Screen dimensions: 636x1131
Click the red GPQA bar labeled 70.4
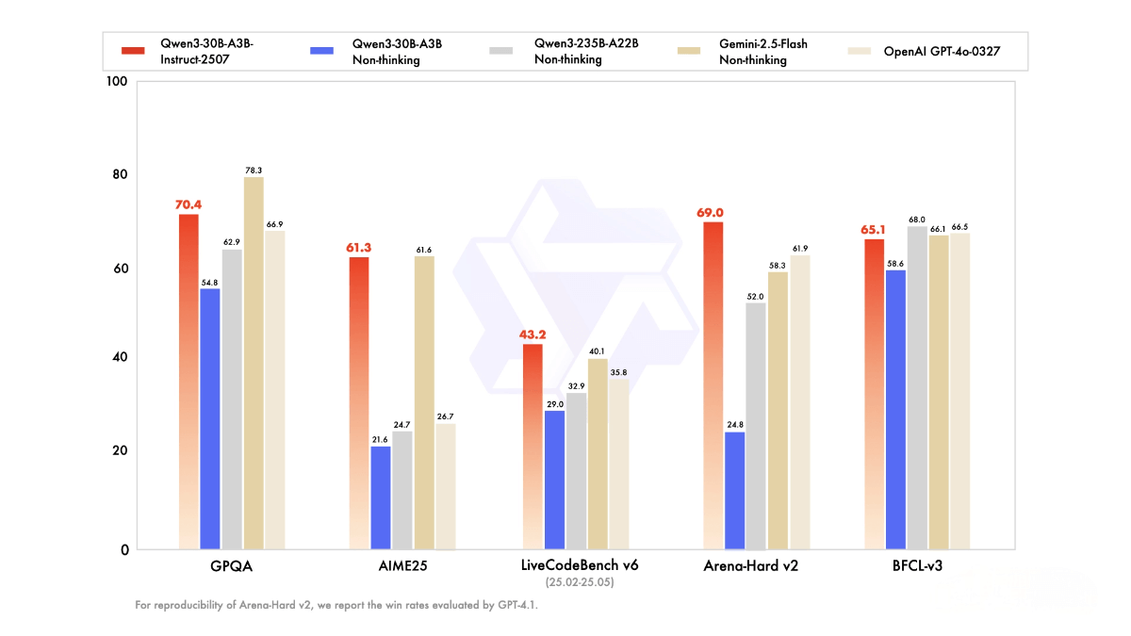click(x=188, y=382)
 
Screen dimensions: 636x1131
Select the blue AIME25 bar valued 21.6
click(x=381, y=497)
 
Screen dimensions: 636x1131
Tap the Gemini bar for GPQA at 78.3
click(x=254, y=363)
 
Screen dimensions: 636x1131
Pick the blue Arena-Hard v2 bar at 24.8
click(x=734, y=490)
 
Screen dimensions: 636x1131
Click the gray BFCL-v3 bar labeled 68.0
click(x=917, y=387)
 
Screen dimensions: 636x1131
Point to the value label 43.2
click(x=533, y=334)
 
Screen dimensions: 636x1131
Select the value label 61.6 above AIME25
click(x=423, y=250)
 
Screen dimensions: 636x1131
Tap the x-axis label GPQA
click(x=232, y=566)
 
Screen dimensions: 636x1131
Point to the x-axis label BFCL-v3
click(x=917, y=566)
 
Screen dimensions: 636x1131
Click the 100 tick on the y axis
click(x=117, y=82)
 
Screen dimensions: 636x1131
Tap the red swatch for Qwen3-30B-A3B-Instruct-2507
click(x=134, y=51)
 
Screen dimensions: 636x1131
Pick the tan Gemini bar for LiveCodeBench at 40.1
click(x=598, y=453)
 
